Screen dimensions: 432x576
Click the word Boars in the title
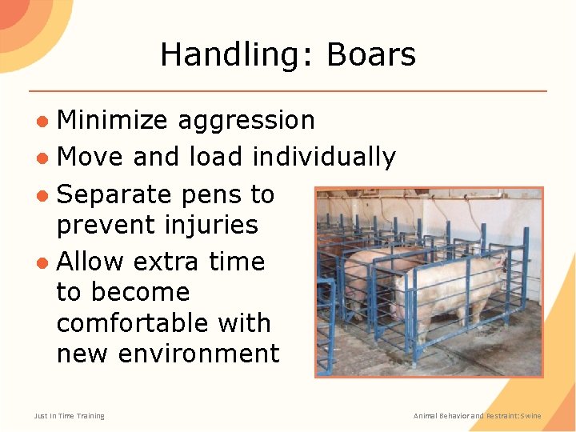tap(371, 55)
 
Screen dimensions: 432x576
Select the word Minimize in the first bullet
tap(113, 120)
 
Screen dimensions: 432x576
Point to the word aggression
tap(246, 120)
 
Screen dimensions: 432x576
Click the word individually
tap(324, 157)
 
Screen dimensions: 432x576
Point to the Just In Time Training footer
tap(70, 416)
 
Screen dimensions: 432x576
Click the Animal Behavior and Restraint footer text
tap(477, 416)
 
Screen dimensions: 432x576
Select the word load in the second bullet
tap(215, 157)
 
